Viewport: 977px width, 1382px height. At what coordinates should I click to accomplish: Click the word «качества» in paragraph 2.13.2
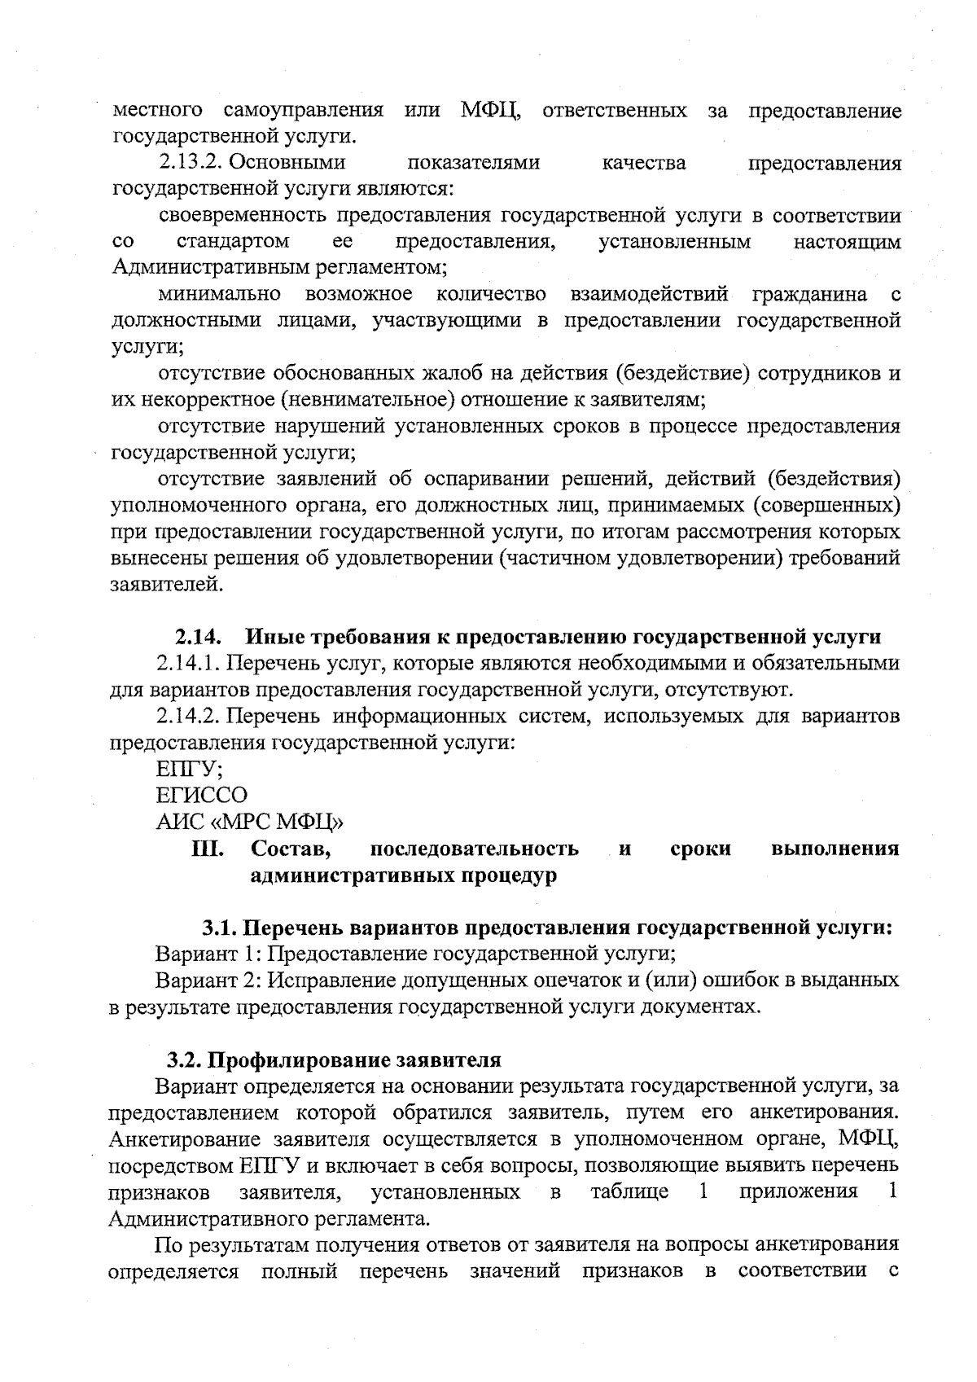click(x=643, y=164)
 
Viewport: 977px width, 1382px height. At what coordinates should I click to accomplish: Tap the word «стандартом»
click(x=233, y=242)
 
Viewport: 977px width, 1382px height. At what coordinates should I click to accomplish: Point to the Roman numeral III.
click(x=208, y=849)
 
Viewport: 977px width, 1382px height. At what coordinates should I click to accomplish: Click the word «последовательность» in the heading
click(x=474, y=849)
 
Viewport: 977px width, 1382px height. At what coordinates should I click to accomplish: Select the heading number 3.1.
click(x=219, y=928)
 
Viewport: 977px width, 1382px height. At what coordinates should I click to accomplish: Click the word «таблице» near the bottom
click(x=630, y=1192)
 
